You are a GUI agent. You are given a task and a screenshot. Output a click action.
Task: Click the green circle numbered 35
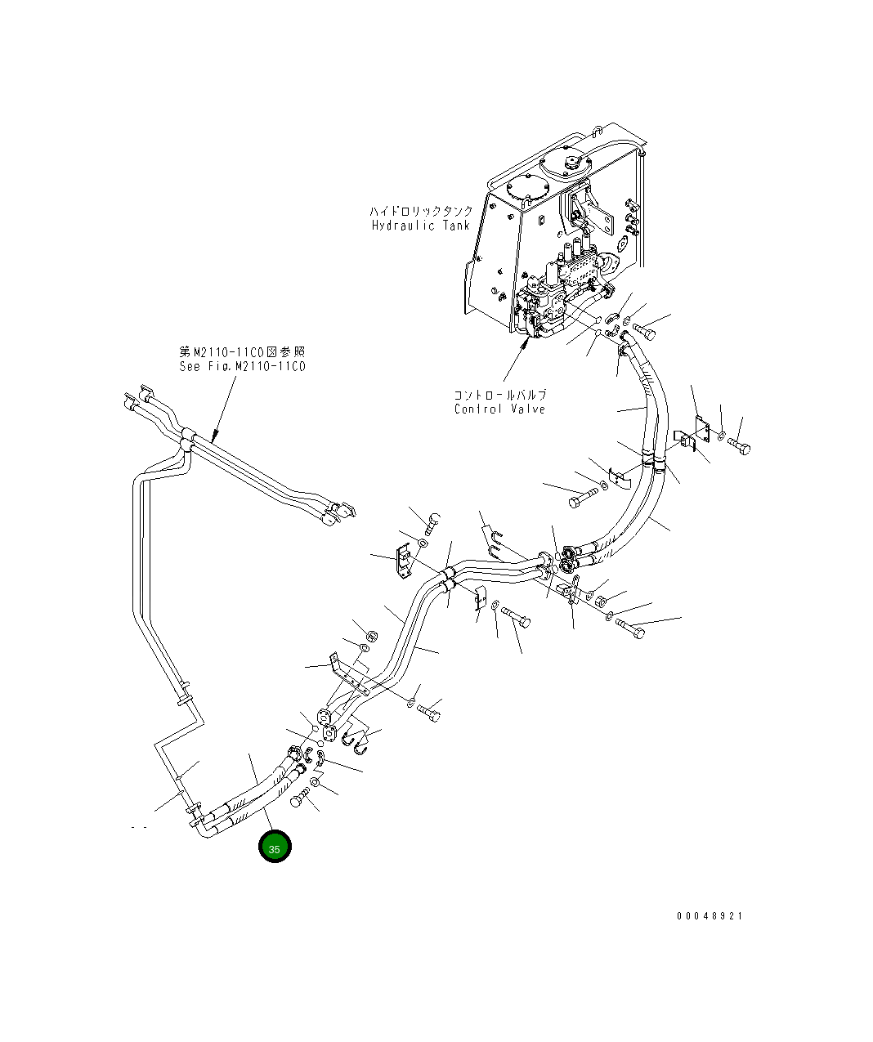pyautogui.click(x=275, y=847)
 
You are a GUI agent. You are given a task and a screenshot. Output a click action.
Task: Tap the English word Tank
pyautogui.click(x=456, y=226)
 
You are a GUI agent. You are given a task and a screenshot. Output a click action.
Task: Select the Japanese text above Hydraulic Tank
pyautogui.click(x=420, y=211)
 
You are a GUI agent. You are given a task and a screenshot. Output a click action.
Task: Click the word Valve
pyautogui.click(x=528, y=409)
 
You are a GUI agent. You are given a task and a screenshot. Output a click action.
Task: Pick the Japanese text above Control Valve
pyautogui.click(x=500, y=395)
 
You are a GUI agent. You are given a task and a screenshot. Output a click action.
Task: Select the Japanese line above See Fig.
pyautogui.click(x=243, y=351)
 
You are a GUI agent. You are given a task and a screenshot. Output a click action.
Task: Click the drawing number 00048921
pyautogui.click(x=710, y=916)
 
